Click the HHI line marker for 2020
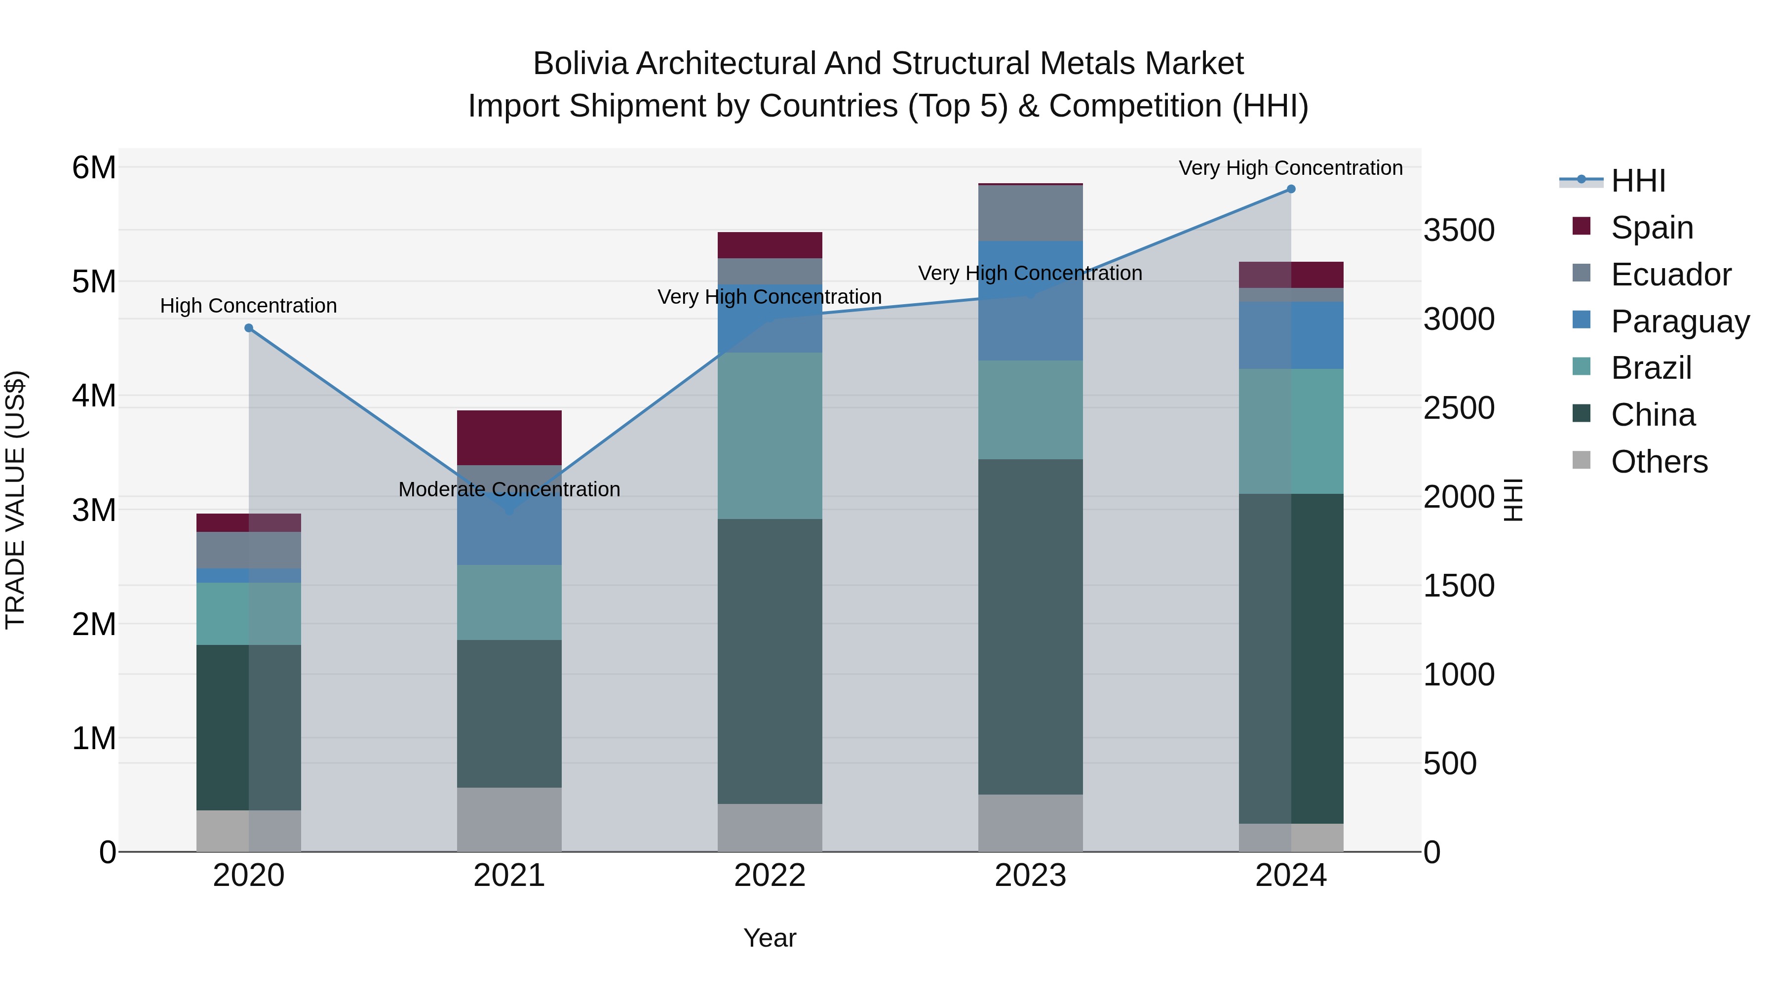point(249,328)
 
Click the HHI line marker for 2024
point(1291,189)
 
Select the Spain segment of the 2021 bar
point(509,438)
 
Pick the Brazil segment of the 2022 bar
point(770,436)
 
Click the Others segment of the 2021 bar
point(509,819)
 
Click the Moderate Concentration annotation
point(509,489)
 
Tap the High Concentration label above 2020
point(248,306)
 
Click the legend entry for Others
point(1659,462)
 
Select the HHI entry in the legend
point(1638,181)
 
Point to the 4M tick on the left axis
point(94,396)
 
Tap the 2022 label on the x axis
point(770,876)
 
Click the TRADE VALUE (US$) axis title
point(15,500)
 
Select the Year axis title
point(770,938)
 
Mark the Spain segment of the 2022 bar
point(770,245)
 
